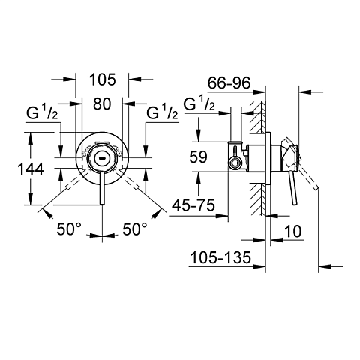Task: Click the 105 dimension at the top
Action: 103,79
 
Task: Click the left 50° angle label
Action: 69,229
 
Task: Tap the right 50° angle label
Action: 135,229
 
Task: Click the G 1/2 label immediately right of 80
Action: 161,114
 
